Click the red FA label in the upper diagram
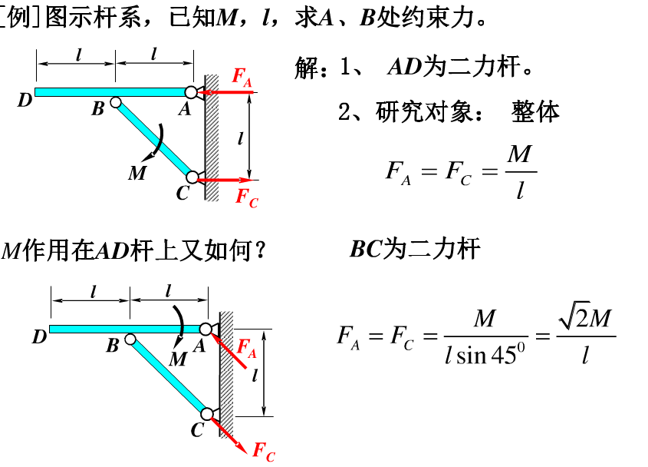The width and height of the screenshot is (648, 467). point(242,77)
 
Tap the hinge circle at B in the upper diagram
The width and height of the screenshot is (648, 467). point(115,101)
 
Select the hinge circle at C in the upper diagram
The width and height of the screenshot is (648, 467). point(192,177)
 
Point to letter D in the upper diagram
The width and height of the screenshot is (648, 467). point(25,99)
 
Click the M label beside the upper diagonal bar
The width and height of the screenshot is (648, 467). point(137,173)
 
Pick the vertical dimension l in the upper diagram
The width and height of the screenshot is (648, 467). point(240,138)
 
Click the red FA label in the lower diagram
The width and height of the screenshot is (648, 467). point(246,348)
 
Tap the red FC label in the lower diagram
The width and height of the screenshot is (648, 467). point(263,450)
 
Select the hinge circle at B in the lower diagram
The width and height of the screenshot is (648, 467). point(130,339)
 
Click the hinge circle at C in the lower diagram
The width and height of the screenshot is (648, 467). point(207,414)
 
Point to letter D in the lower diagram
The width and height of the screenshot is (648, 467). point(39,336)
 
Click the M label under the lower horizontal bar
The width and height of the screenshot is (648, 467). point(177,359)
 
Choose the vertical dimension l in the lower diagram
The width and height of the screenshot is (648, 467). point(254,374)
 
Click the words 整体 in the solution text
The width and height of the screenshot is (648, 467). point(536,112)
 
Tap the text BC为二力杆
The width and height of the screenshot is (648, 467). point(415,249)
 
